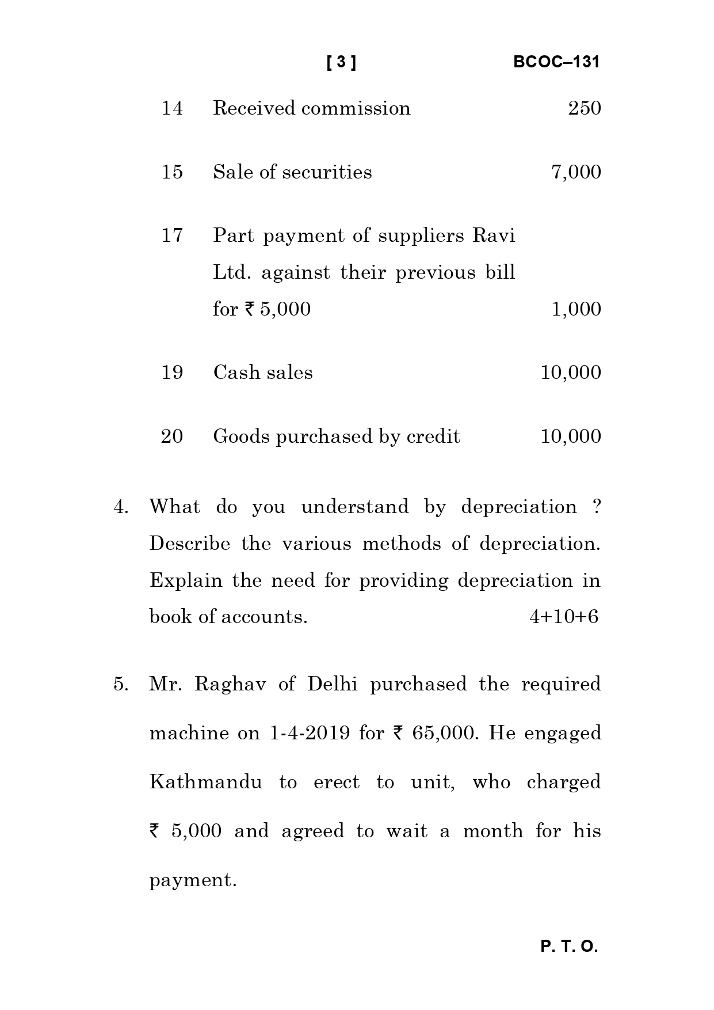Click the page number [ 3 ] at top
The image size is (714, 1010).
[341, 62]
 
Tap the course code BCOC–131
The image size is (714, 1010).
[556, 62]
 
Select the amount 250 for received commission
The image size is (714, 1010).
[584, 108]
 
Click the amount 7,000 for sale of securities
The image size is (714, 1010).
[576, 172]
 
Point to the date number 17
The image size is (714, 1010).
[172, 236]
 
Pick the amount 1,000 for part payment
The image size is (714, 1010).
[576, 309]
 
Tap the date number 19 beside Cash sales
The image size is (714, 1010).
[172, 373]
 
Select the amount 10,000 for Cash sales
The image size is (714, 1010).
[571, 373]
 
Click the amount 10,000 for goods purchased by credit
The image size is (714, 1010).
[571, 436]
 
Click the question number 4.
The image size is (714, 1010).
[120, 507]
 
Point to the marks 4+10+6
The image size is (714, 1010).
[564, 617]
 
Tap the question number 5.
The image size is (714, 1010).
[120, 684]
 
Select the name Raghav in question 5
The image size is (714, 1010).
[230, 685]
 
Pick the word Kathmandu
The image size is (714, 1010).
[205, 782]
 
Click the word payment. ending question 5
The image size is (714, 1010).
[193, 880]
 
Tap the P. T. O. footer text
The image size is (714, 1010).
[569, 947]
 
